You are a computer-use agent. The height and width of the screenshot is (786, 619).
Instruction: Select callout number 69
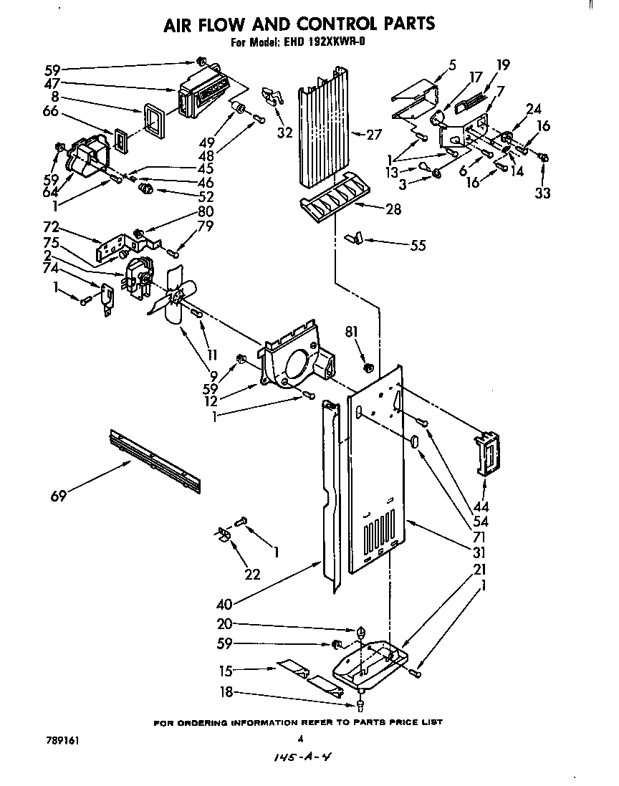click(x=59, y=495)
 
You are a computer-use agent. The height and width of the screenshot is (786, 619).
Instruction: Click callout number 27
click(x=373, y=134)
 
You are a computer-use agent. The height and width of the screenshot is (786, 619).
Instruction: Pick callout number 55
click(x=417, y=246)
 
